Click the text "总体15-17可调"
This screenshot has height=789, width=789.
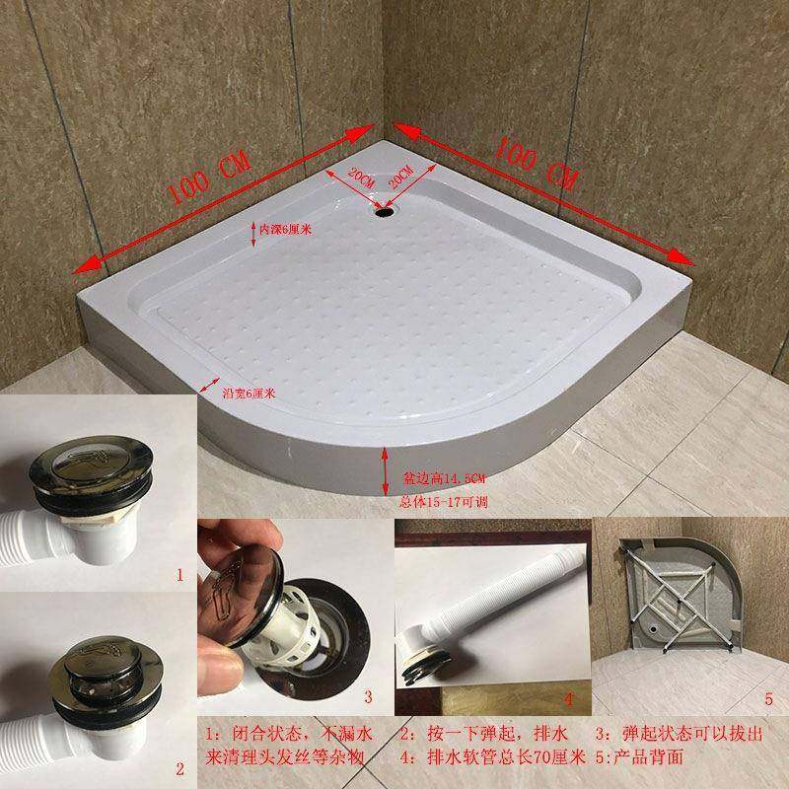click(x=441, y=502)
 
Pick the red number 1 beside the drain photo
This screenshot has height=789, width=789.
click(x=179, y=572)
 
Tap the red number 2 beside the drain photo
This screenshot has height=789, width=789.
click(x=179, y=767)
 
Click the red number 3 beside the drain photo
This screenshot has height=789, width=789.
click(x=368, y=697)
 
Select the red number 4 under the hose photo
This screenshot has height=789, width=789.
click(x=569, y=699)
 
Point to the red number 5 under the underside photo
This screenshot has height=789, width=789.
click(x=767, y=699)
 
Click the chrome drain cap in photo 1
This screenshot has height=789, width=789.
click(x=97, y=468)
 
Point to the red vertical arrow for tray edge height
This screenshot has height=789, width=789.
click(x=386, y=472)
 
